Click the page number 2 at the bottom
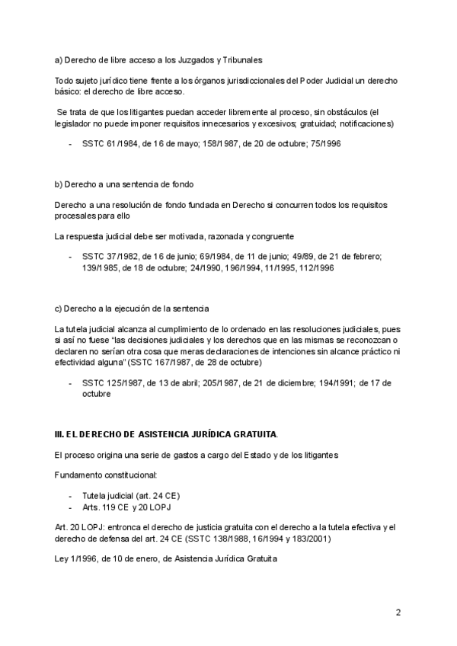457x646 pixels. pyautogui.click(x=398, y=612)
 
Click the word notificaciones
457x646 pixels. pyautogui.click(x=366, y=123)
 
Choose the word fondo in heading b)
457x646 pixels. pyautogui.click(x=178, y=184)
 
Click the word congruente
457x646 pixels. pyautogui.click(x=270, y=236)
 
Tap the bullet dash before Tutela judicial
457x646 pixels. pyautogui.click(x=70, y=494)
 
